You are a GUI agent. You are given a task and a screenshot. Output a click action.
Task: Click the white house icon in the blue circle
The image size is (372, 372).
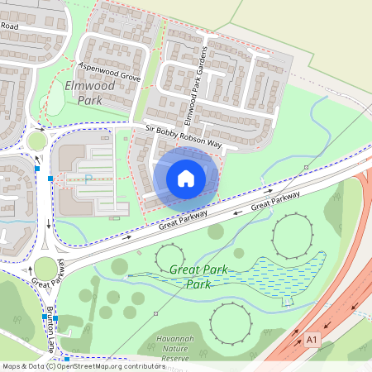pos(186,178)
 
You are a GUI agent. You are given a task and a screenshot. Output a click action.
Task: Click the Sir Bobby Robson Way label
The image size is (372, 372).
pos(184,136)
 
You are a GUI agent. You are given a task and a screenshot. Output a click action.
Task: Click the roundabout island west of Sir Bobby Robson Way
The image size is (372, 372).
pos(36,141)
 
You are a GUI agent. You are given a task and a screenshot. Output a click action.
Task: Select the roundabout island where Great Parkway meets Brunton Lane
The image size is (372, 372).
pos(45,268)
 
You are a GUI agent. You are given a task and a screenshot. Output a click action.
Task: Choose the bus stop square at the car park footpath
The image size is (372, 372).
pos(50,179)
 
